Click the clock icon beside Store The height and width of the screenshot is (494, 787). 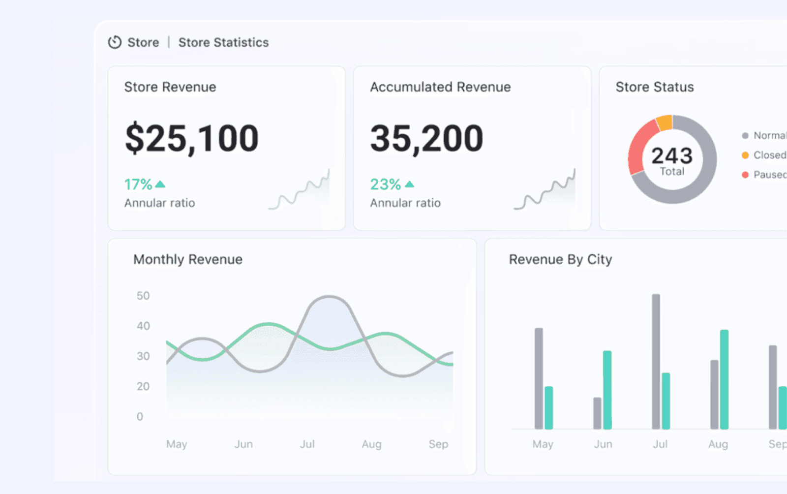115,42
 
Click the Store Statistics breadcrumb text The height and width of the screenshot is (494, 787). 223,42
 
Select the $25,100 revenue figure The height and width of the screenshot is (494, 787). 191,138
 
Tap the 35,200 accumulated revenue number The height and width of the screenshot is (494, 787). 426,138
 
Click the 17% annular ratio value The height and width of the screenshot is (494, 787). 138,185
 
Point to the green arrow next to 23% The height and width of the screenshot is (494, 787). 409,185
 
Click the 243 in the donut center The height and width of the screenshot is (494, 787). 672,156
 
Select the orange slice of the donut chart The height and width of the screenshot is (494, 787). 664,123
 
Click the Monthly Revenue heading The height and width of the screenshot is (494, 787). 188,259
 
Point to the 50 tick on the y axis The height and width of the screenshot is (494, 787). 143,296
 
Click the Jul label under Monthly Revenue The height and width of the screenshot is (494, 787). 307,444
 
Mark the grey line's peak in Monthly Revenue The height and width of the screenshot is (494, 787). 329,297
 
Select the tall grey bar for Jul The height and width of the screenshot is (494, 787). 656,362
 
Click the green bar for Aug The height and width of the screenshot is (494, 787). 724,379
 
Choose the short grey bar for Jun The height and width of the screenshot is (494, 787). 597,413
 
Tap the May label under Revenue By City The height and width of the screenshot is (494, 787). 543,444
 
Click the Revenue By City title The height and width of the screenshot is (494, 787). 560,259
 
